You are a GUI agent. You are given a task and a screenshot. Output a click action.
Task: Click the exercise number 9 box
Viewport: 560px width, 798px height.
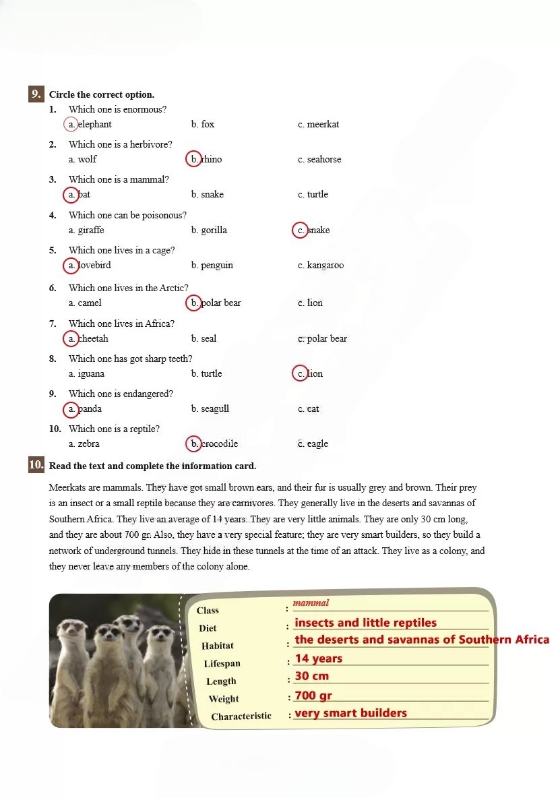(36, 94)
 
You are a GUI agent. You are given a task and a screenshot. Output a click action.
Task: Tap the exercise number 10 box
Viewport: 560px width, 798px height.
(36, 465)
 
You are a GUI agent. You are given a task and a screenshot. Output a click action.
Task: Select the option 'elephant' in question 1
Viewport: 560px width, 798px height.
(94, 125)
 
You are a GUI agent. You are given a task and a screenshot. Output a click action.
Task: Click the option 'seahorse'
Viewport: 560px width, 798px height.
(324, 160)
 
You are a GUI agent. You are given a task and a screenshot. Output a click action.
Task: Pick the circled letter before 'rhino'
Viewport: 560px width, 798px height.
(193, 160)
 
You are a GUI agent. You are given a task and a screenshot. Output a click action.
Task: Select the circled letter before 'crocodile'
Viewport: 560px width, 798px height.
(193, 444)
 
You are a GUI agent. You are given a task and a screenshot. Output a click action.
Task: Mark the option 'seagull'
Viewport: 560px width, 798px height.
(215, 409)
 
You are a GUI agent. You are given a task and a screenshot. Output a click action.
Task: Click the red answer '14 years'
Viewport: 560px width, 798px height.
(319, 659)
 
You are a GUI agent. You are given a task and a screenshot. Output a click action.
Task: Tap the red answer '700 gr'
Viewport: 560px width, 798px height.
(313, 696)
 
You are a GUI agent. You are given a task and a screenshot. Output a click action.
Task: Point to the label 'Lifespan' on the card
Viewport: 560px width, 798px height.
(222, 664)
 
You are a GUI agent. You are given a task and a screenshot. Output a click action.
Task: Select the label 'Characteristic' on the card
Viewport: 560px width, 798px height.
(241, 716)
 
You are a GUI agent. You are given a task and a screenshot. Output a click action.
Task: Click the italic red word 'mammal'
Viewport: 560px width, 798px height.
(311, 603)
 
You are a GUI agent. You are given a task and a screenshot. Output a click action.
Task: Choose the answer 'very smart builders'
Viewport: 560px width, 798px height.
(351, 713)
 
